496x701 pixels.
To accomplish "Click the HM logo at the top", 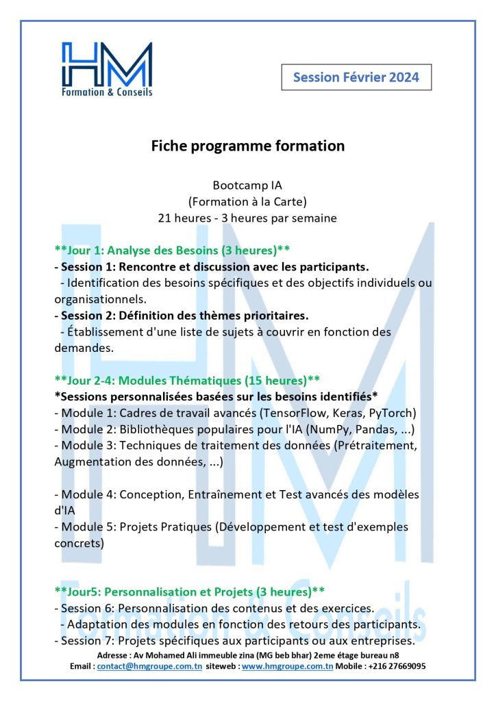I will coord(107,68).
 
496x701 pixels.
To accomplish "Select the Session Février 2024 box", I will coord(356,77).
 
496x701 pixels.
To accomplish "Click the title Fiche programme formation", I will coord(247,146).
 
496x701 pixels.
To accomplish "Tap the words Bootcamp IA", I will coord(247,186).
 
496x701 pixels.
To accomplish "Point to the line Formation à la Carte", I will coord(247,202).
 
